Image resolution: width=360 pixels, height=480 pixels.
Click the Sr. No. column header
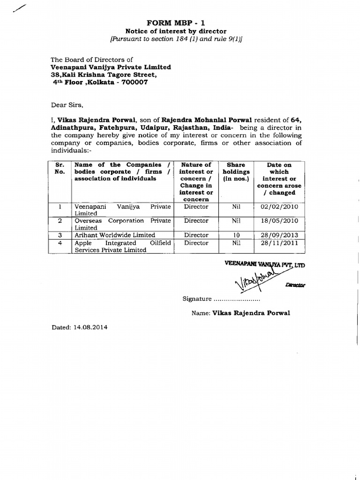tap(60, 168)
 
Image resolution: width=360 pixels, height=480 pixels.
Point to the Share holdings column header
tap(236, 172)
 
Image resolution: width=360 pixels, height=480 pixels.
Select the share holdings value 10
tap(236, 235)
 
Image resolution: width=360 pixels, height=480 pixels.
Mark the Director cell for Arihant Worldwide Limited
tap(196, 235)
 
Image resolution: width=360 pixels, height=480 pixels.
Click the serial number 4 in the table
tap(60, 243)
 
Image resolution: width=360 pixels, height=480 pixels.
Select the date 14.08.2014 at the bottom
tap(90, 327)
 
